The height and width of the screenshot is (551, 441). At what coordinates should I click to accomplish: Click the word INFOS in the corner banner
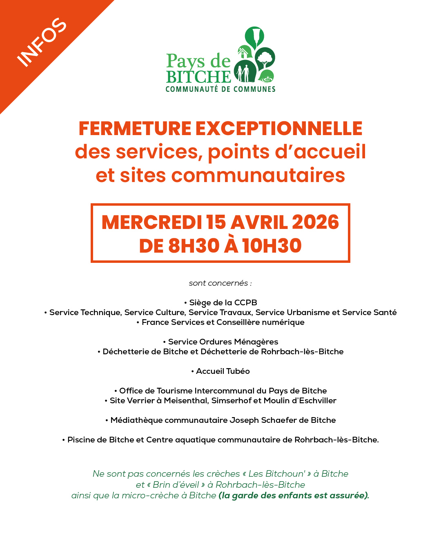point(42,42)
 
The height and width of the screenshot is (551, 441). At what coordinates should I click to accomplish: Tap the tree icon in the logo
point(265,58)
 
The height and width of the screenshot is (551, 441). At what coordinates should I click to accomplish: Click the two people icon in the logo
point(244,72)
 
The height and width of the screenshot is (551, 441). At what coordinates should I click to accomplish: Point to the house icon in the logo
point(244,52)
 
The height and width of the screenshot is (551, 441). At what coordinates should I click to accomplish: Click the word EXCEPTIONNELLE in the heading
point(279,128)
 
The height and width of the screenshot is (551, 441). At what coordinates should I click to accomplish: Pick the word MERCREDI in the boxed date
point(151,222)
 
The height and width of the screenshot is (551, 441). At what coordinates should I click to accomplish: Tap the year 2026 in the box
point(315,222)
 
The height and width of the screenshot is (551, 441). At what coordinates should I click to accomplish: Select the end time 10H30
point(272,246)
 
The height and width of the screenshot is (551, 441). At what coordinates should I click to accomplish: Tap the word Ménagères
point(256,342)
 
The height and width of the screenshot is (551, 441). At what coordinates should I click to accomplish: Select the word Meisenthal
point(186,400)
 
